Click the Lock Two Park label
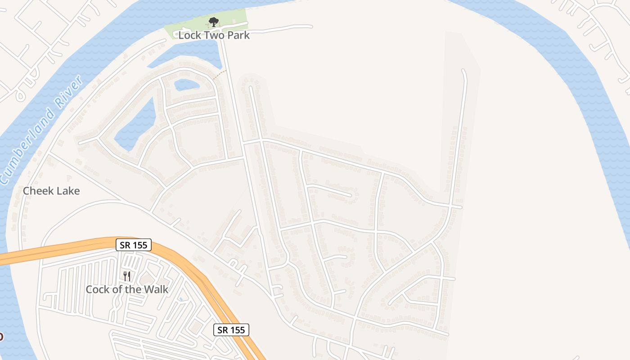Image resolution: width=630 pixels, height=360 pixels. click(x=214, y=35)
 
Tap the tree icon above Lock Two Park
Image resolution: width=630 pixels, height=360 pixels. click(x=214, y=22)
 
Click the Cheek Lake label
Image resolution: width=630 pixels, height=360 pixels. click(x=51, y=191)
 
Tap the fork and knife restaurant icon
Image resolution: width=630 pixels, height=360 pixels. click(x=127, y=276)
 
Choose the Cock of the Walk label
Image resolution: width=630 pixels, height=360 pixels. click(x=127, y=289)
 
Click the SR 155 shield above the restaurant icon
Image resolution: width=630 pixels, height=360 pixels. click(x=134, y=245)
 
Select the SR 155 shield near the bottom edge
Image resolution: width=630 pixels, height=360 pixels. click(x=231, y=330)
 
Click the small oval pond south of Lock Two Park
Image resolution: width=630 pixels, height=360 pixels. click(x=186, y=84)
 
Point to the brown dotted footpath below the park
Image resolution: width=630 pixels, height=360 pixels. click(x=219, y=75)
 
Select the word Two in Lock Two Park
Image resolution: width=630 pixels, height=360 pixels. click(x=211, y=35)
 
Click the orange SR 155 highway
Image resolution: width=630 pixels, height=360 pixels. click(x=67, y=248)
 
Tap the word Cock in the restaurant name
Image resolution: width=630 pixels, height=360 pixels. click(x=97, y=289)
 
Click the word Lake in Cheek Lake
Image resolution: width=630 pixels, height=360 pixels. click(x=67, y=191)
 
